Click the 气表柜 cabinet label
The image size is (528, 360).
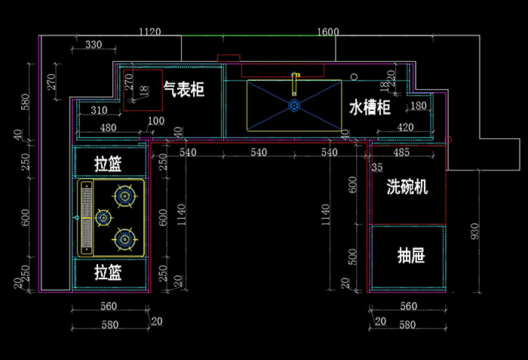pyautogui.click(x=184, y=90)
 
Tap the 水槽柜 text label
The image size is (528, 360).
pyautogui.click(x=370, y=107)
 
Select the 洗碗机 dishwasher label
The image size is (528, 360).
pyautogui.click(x=407, y=186)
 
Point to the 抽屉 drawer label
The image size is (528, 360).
pyautogui.click(x=411, y=256)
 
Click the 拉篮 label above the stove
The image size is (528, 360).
pyautogui.click(x=109, y=164)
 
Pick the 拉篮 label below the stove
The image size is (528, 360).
pyautogui.click(x=109, y=271)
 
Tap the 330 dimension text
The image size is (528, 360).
pyautogui.click(x=93, y=45)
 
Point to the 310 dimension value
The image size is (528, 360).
pyautogui.click(x=98, y=111)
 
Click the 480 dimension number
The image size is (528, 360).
pyautogui.click(x=108, y=128)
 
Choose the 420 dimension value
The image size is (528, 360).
pyautogui.click(x=405, y=127)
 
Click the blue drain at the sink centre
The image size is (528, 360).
pyautogui.click(x=293, y=106)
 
